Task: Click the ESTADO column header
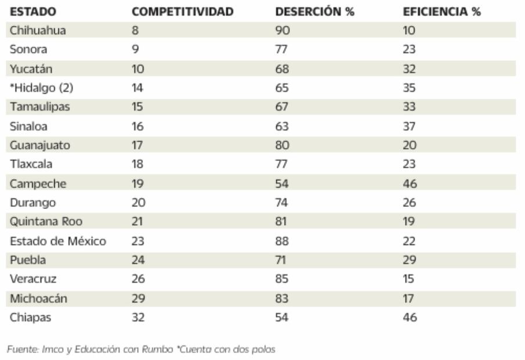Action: click(32, 12)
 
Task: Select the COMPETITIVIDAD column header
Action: click(182, 12)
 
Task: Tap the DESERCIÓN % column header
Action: click(314, 12)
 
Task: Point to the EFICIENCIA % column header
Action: click(441, 12)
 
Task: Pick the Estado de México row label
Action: click(58, 241)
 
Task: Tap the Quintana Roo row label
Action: click(46, 222)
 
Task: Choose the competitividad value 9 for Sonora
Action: click(135, 50)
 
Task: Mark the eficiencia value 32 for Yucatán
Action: click(410, 69)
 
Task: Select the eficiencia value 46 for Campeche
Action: click(410, 183)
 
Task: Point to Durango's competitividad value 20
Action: click(138, 203)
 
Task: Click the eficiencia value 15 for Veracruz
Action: click(408, 279)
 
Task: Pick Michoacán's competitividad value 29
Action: click(138, 298)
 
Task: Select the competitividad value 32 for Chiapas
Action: click(138, 318)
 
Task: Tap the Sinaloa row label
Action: click(28, 127)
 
